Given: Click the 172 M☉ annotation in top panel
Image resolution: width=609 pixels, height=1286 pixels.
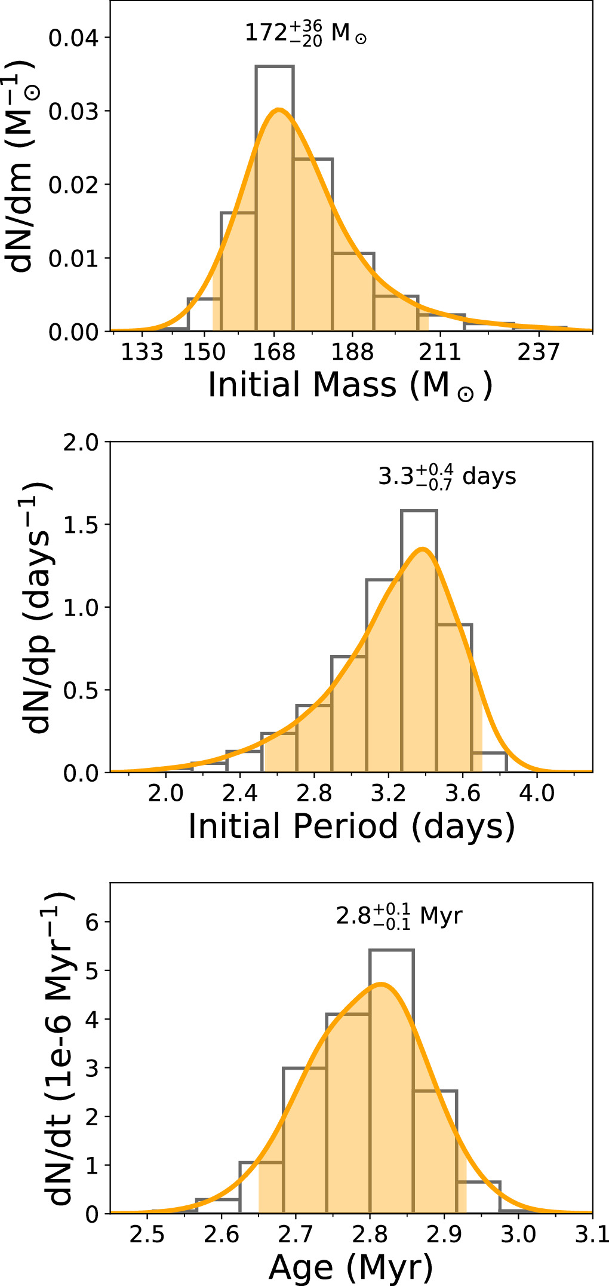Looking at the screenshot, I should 305,33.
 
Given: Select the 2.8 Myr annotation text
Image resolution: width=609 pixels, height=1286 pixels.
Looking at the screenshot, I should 399,915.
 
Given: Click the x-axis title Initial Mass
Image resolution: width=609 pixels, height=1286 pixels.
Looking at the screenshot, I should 350,385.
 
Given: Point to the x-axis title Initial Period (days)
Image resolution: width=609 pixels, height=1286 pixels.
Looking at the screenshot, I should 351,827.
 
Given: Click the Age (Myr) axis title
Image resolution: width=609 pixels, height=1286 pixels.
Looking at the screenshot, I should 351,1267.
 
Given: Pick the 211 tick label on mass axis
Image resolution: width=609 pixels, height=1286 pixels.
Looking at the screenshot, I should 440,353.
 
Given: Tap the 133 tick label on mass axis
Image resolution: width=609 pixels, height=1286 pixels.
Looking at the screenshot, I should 142,353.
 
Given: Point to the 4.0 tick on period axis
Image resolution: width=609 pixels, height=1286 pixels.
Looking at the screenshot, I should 536,794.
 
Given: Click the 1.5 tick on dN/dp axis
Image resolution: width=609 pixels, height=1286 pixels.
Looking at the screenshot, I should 82,525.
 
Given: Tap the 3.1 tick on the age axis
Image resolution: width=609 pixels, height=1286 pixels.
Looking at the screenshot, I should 591,1235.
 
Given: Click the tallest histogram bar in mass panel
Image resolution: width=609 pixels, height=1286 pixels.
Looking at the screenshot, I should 275,197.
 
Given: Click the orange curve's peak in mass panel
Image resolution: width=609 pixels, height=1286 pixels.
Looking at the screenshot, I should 278,110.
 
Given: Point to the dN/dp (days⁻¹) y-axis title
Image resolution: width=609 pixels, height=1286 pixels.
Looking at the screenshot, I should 37,607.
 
